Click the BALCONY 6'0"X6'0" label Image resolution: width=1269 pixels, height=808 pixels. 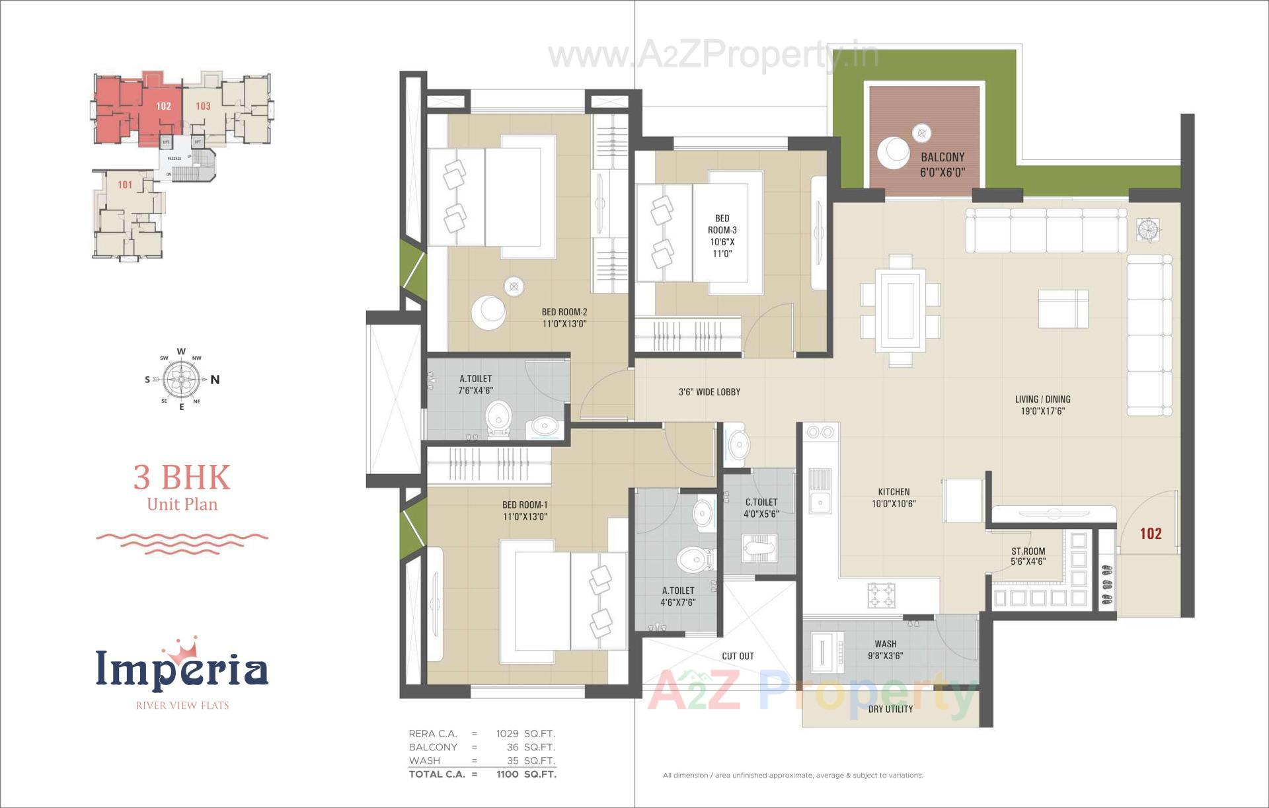[942, 165]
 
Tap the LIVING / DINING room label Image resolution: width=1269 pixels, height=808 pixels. [1042, 405]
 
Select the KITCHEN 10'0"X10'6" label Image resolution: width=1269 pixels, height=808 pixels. [894, 497]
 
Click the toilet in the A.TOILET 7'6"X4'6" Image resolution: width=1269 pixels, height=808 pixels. [498, 419]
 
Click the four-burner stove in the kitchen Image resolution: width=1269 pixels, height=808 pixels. [881, 595]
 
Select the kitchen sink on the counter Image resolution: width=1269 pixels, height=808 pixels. [820, 502]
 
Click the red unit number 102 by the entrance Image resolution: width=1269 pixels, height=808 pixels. [1150, 534]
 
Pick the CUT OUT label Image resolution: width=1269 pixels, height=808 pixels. [738, 656]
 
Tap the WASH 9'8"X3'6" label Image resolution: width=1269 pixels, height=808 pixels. [885, 649]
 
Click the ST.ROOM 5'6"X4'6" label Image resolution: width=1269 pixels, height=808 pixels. [1028, 556]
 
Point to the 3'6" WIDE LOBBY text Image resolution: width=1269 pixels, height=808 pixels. [709, 392]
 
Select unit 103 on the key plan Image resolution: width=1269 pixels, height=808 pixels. [203, 106]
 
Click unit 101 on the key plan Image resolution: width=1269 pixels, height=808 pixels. [125, 184]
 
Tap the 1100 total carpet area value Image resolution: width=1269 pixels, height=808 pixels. [507, 774]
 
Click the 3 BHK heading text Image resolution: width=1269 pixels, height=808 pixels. [182, 477]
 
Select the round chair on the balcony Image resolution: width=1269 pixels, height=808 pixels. [894, 153]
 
